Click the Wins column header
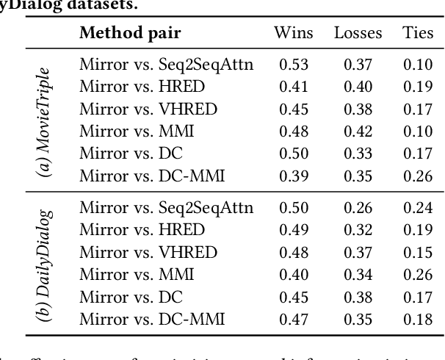click(x=293, y=32)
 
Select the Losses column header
click(x=358, y=32)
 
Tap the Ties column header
click(x=418, y=32)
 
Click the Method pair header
click(x=130, y=32)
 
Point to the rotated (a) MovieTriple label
click(x=46, y=121)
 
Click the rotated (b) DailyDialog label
click(x=46, y=263)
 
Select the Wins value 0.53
click(x=293, y=65)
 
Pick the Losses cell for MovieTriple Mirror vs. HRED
click(x=358, y=87)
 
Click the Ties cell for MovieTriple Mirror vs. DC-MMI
click(x=418, y=176)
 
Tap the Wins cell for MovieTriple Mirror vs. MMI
click(x=293, y=132)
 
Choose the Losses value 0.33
click(x=358, y=154)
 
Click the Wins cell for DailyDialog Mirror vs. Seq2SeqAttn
click(x=293, y=208)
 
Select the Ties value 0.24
click(x=418, y=208)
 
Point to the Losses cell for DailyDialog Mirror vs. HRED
click(x=358, y=230)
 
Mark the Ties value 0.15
click(x=418, y=253)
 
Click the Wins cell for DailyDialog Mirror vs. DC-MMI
click(x=293, y=320)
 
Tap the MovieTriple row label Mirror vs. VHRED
click(x=148, y=109)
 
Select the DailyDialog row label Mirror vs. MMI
click(x=137, y=275)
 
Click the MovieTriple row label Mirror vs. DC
click(x=131, y=154)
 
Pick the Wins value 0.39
click(x=293, y=176)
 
